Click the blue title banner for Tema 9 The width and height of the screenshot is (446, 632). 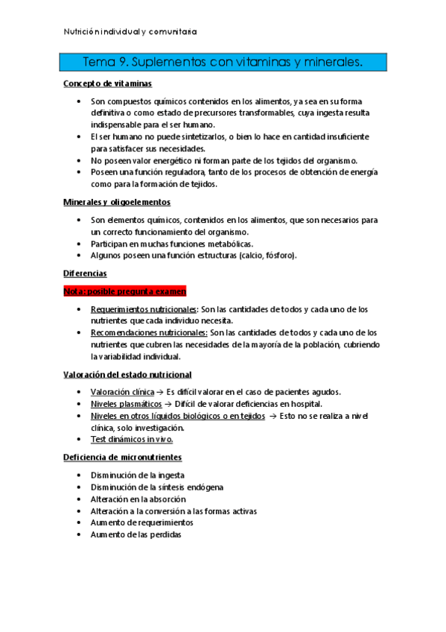tap(223, 63)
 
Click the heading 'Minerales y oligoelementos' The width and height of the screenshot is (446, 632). tap(117, 202)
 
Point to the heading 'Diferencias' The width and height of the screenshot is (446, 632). tap(85, 274)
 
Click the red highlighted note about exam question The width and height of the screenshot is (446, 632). tap(124, 291)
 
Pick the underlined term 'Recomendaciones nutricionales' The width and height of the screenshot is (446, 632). tap(149, 332)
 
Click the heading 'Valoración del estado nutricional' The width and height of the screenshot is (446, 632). tap(127, 374)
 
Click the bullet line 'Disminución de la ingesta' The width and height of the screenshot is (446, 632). tap(138, 475)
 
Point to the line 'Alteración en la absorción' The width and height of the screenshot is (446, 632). tap(138, 499)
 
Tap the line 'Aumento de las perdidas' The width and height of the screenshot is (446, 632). tap(136, 534)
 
